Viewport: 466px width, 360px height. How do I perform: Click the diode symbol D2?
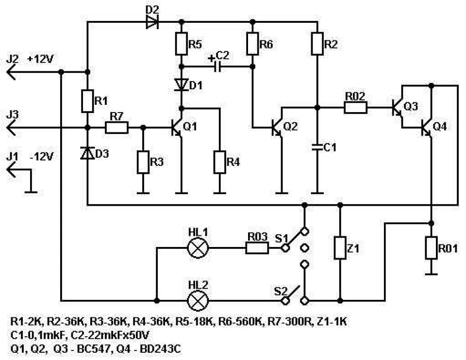pyautogui.click(x=152, y=22)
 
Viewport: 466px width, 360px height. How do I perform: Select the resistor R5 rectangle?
pyautogui.click(x=181, y=44)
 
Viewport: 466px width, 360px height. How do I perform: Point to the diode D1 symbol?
pyautogui.click(x=181, y=84)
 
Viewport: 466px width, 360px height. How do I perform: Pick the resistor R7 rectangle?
pyautogui.click(x=117, y=128)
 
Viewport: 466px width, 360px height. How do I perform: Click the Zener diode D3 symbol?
pyautogui.click(x=87, y=153)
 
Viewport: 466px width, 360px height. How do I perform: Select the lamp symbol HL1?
pyautogui.click(x=198, y=248)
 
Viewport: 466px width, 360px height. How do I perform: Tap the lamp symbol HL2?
pyautogui.click(x=198, y=301)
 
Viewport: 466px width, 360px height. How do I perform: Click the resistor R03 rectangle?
pyautogui.click(x=257, y=248)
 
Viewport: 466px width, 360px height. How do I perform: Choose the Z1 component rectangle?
pyautogui.click(x=340, y=248)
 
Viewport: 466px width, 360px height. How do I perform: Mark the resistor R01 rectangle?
pyautogui.click(x=432, y=248)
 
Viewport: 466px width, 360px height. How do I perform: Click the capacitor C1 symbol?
pyautogui.click(x=317, y=147)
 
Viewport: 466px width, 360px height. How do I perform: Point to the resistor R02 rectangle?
pyautogui.click(x=356, y=108)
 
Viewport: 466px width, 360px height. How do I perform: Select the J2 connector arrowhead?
pyautogui.click(x=11, y=72)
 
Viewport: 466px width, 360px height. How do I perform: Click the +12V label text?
pyautogui.click(x=40, y=59)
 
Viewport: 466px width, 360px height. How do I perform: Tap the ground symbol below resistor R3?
pyautogui.click(x=143, y=193)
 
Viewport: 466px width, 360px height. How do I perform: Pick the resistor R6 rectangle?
pyautogui.click(x=252, y=44)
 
